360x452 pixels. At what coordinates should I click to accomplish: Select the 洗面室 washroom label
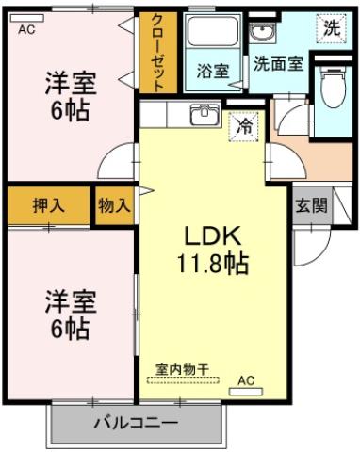point(277,65)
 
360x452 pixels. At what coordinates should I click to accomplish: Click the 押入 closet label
point(48,206)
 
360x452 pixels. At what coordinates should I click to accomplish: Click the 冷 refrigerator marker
point(243,124)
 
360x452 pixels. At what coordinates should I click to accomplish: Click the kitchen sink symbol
point(203,115)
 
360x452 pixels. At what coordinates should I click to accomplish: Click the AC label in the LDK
point(246,380)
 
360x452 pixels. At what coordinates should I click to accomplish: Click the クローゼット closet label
point(157,52)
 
